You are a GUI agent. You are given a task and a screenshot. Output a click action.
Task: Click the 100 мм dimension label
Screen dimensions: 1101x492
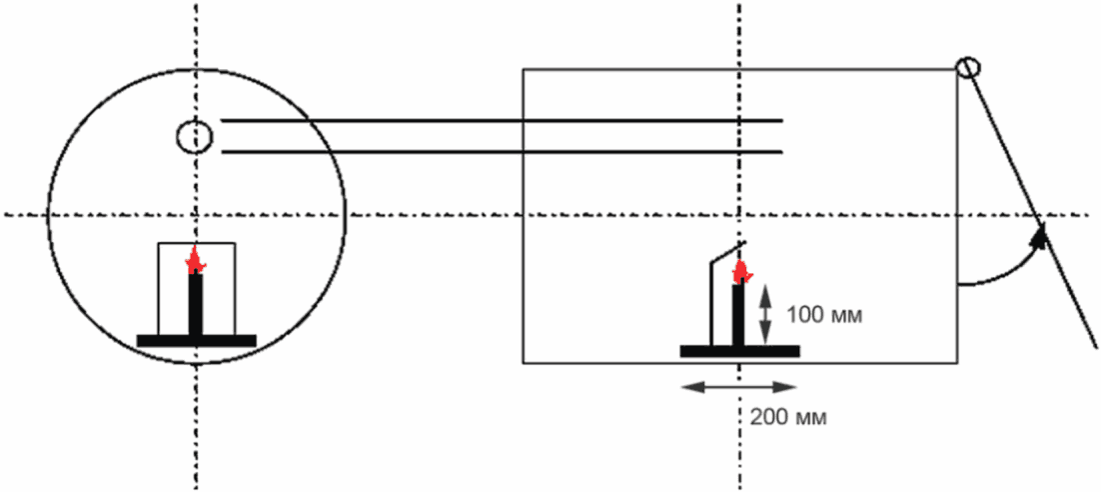click(x=824, y=316)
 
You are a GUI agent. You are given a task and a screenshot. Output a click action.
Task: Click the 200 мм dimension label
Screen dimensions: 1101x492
click(x=788, y=417)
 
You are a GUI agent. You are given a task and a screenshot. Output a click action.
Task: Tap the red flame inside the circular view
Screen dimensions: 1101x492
click(x=195, y=260)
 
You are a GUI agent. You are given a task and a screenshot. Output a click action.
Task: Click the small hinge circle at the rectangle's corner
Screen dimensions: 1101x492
click(x=967, y=67)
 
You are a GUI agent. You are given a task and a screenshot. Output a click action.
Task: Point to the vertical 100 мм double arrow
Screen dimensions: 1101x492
click(x=765, y=316)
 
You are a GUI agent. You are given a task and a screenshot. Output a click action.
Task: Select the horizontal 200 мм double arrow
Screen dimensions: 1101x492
click(x=738, y=387)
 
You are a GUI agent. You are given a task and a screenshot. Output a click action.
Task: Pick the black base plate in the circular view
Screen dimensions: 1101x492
click(x=197, y=340)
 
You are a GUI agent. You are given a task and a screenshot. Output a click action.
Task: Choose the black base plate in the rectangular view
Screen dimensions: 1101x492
click(x=739, y=351)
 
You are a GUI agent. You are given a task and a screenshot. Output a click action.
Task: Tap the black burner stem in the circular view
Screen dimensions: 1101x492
click(x=196, y=304)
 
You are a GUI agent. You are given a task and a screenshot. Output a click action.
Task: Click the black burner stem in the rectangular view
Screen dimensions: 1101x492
click(x=738, y=315)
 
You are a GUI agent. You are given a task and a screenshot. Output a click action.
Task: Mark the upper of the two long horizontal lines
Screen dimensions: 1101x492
click(x=503, y=121)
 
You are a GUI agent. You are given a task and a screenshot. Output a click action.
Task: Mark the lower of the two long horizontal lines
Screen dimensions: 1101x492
click(x=503, y=152)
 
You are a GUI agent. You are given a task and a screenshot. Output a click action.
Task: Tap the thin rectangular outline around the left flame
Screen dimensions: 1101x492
click(x=158, y=288)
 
